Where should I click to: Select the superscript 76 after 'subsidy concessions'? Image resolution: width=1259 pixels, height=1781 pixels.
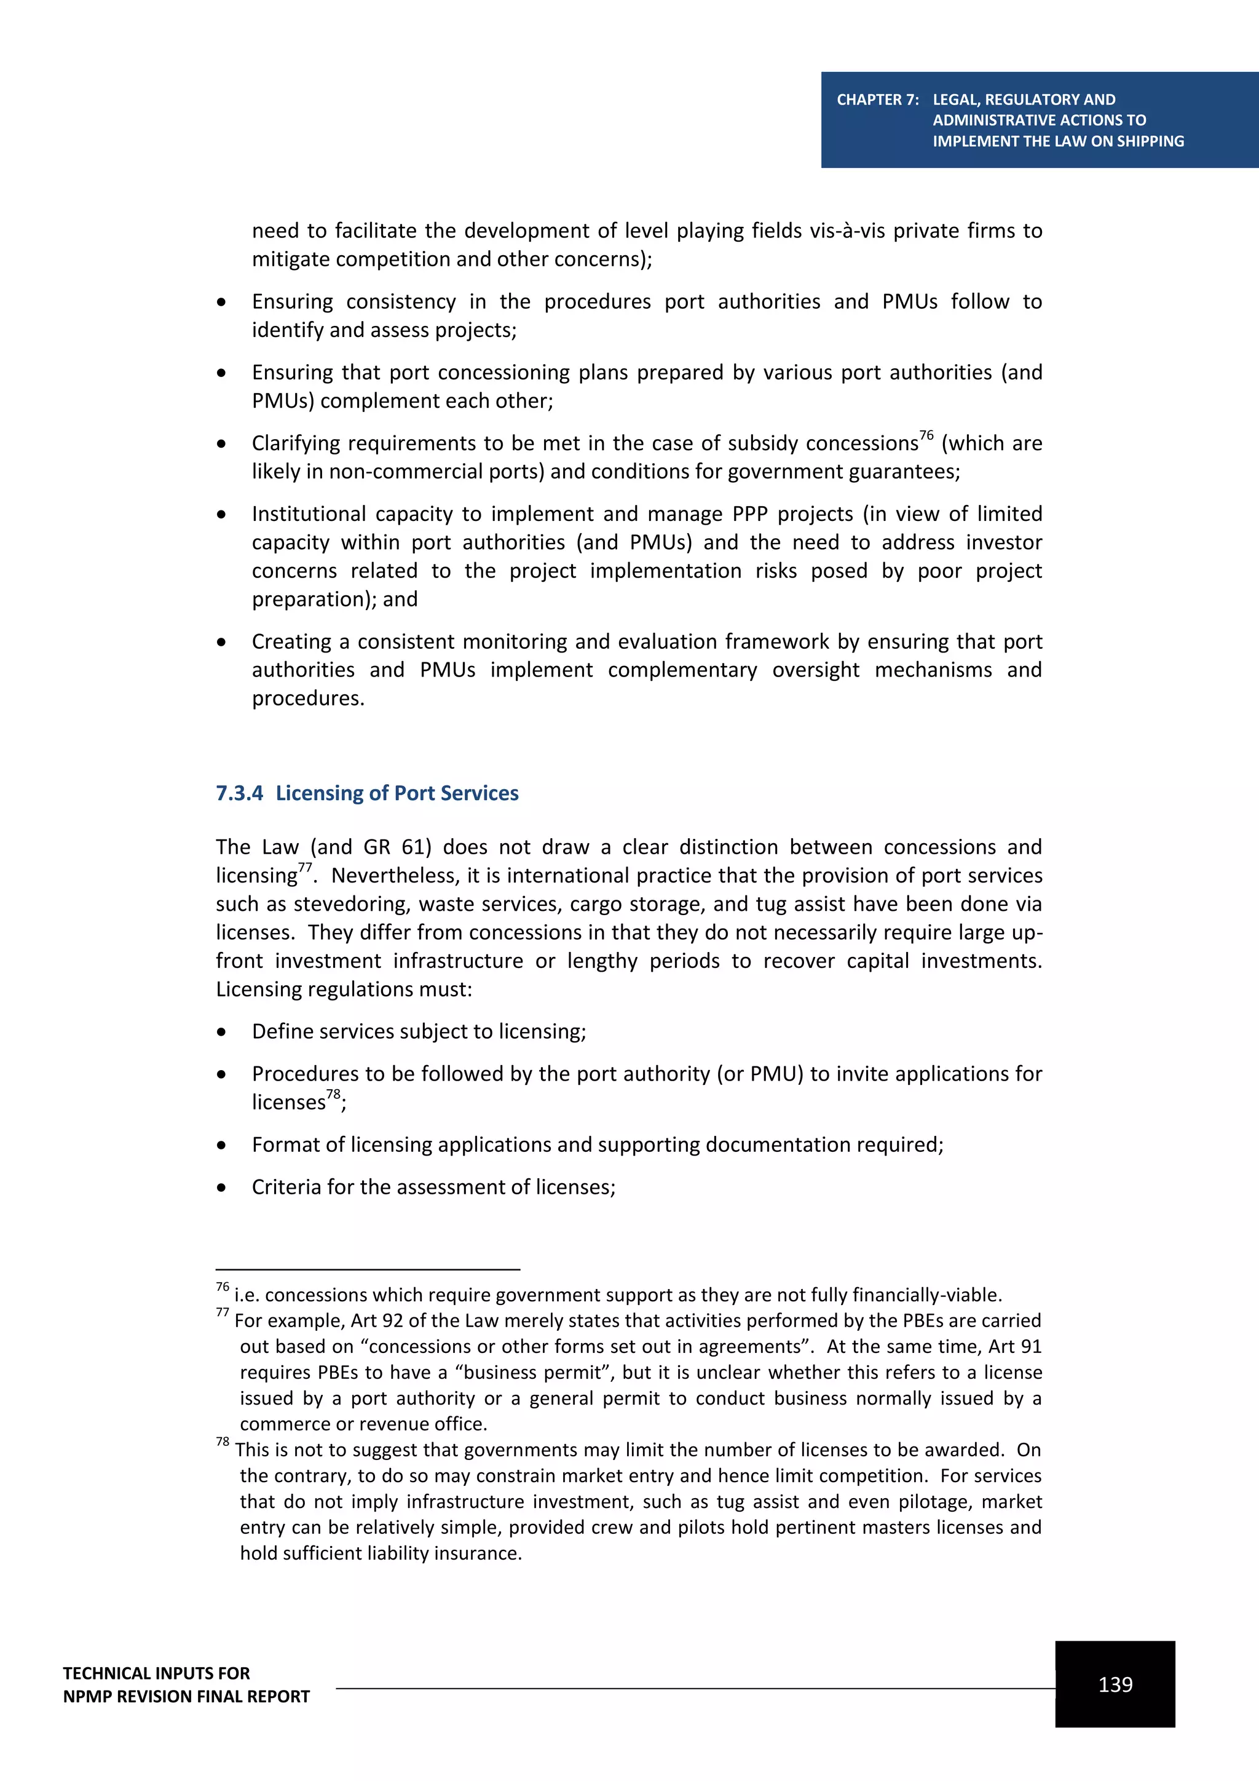[926, 435]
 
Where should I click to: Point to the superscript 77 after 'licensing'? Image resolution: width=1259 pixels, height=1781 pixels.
[305, 867]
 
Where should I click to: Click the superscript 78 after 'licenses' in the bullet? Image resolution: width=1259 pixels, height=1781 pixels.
[333, 1093]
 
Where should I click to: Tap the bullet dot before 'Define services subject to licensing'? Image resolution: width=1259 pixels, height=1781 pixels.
[222, 1033]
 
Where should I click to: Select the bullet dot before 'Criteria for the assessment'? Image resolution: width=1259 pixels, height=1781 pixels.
[222, 1188]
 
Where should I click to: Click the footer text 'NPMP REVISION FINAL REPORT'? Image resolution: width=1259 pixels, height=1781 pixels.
[186, 1697]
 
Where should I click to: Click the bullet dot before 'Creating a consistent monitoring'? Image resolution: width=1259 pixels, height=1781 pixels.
[222, 642]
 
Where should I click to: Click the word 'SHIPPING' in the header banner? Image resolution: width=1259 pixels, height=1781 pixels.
[1150, 141]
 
